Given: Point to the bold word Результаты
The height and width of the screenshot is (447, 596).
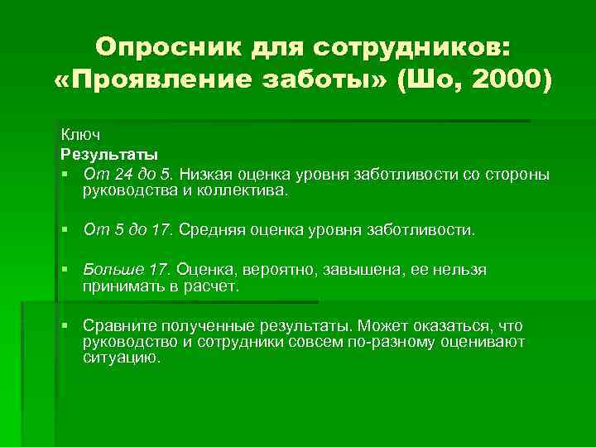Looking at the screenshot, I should coord(109,154).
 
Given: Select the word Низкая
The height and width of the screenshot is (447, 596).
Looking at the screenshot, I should coord(202,174).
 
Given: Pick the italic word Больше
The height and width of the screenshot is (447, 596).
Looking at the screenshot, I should coord(112,270).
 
